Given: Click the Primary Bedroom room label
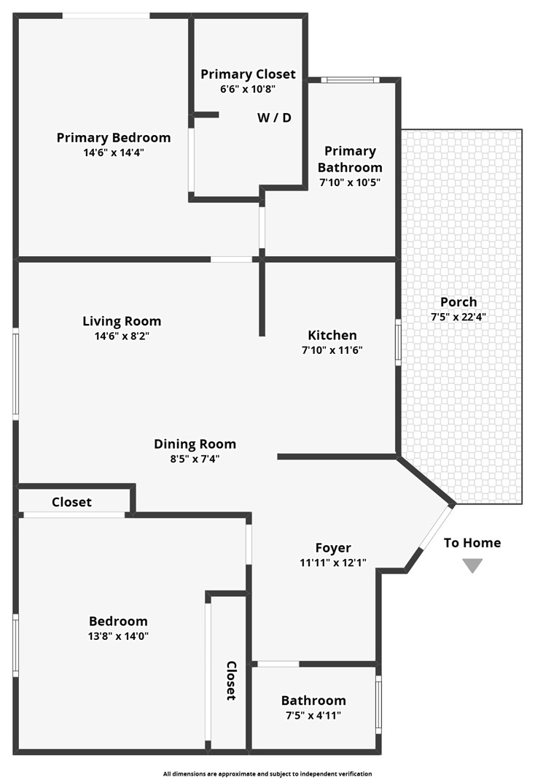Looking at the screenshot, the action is point(114,138).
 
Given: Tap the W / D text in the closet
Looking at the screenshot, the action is point(274,118).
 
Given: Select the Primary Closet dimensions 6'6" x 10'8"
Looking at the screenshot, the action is point(248,89).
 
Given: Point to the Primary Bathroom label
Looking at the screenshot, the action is point(350,159).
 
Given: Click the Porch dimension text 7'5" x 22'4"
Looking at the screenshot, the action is point(458,317).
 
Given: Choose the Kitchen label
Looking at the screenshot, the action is point(332,336).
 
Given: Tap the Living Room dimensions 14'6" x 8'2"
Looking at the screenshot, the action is point(122,336).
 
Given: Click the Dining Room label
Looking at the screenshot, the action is point(195,444).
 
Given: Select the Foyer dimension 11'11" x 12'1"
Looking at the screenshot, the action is point(333,563).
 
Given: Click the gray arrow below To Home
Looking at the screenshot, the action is point(472,565).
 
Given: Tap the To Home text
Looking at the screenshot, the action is point(472,543).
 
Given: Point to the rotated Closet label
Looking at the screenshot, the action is point(231,681).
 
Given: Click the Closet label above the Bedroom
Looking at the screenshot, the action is point(71,502).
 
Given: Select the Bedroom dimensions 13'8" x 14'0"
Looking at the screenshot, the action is point(118,636).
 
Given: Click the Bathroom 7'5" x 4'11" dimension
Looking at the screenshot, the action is point(313,715).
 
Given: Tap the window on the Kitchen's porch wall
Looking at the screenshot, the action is point(398,342).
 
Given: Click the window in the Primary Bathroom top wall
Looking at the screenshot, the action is point(350,80).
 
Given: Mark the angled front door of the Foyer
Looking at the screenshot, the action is point(436,528).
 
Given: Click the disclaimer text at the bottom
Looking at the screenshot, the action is point(267,773).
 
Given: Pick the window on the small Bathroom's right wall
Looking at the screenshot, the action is point(378,704).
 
